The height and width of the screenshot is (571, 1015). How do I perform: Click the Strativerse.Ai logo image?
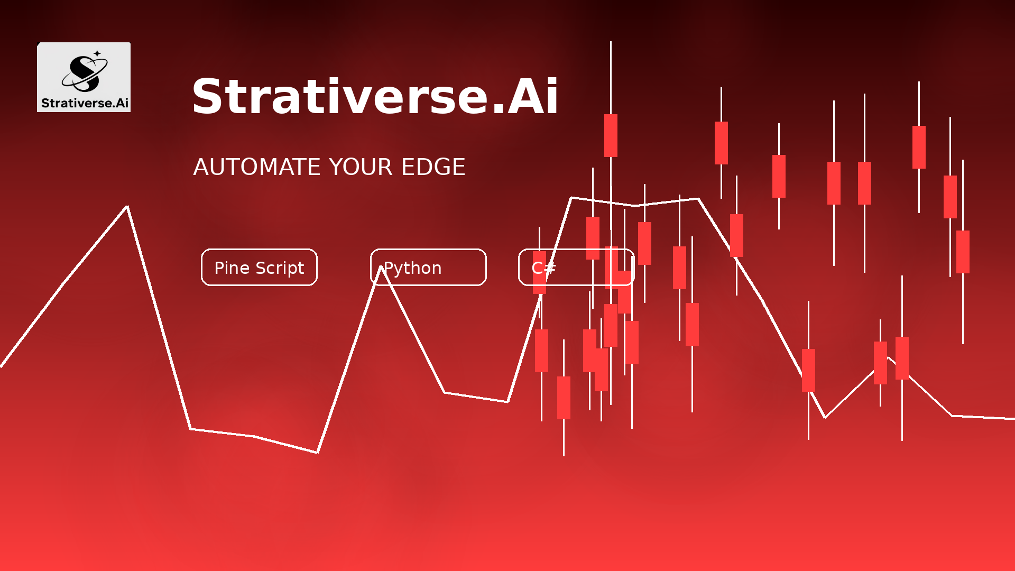[x=84, y=77]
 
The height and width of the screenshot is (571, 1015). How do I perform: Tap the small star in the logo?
[x=97, y=53]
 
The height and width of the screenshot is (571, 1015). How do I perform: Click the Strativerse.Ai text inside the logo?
[x=85, y=103]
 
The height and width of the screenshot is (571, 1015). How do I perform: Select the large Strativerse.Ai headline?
[x=375, y=96]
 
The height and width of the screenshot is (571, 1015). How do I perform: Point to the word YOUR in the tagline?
[x=361, y=167]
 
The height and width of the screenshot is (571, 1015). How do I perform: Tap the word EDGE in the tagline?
[x=433, y=167]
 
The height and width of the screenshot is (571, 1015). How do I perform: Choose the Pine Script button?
[x=259, y=267]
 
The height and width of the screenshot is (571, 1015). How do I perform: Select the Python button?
[x=428, y=267]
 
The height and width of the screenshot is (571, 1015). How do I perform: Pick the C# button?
[x=576, y=267]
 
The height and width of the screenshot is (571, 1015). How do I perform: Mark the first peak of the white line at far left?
[x=127, y=206]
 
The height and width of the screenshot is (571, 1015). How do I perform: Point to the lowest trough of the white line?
[x=317, y=453]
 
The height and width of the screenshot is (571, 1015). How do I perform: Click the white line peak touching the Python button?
[x=381, y=268]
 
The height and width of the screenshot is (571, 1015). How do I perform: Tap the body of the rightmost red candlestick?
[x=963, y=252]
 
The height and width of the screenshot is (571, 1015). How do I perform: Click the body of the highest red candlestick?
[x=611, y=135]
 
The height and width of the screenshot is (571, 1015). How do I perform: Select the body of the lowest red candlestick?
[x=564, y=398]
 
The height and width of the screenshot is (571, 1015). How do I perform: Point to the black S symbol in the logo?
[x=85, y=73]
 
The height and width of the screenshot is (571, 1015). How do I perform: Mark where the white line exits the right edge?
[x=1014, y=418]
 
